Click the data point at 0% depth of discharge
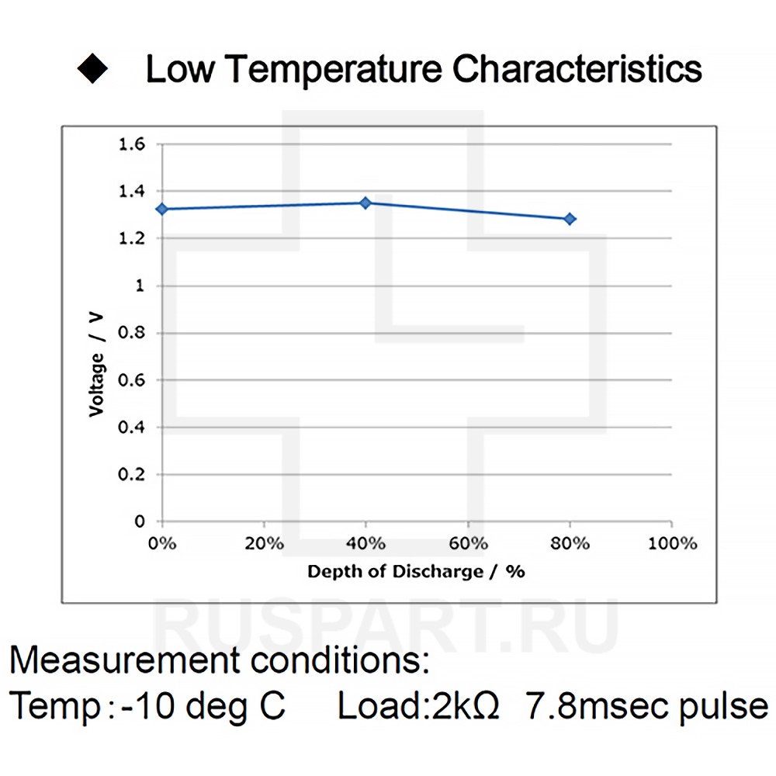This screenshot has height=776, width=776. (161, 209)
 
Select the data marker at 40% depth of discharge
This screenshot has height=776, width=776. (365, 203)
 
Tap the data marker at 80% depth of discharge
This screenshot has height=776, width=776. (570, 219)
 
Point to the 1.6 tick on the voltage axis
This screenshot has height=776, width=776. (131, 144)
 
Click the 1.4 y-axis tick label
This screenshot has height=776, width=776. (131, 191)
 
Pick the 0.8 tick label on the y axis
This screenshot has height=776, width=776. (131, 333)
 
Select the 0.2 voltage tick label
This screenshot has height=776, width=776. (131, 474)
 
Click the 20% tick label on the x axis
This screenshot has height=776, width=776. (264, 543)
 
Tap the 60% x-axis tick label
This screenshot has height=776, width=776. (468, 543)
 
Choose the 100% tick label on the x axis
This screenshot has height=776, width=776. (672, 543)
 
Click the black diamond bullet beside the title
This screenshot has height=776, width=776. (92, 69)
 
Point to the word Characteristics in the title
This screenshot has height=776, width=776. (577, 69)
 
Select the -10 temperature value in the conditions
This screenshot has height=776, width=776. (146, 706)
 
